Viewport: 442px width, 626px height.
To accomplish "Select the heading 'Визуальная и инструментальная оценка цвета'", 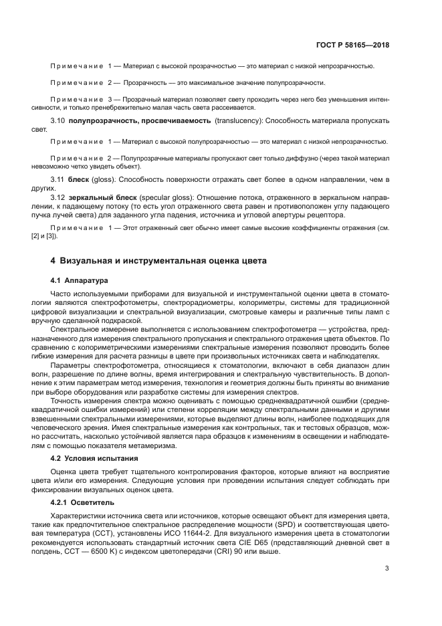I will [163, 260].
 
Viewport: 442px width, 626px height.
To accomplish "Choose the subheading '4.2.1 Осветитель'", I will [83, 501].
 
